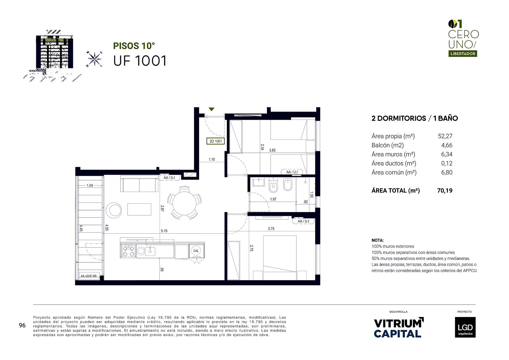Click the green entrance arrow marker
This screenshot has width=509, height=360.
click(x=212, y=109)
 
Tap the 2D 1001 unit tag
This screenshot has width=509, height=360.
click(x=215, y=141)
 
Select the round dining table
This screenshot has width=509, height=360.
click(x=184, y=203)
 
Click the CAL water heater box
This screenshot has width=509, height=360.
click(x=196, y=251)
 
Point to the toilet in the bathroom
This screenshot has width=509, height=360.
click(x=273, y=185)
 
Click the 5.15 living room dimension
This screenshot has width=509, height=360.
click(x=164, y=231)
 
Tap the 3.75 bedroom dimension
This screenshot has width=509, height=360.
click(x=271, y=229)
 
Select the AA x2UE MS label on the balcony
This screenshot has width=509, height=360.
click(x=89, y=276)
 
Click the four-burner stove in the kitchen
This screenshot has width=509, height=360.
click(x=128, y=251)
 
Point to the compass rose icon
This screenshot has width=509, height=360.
click(x=94, y=59)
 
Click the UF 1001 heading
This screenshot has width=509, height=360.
click(x=140, y=61)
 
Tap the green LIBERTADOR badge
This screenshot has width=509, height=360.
click(x=463, y=54)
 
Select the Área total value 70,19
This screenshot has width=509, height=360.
click(x=445, y=190)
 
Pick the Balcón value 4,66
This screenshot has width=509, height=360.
click(x=447, y=145)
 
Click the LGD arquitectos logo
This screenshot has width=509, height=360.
click(x=465, y=327)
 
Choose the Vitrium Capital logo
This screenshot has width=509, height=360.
click(x=399, y=328)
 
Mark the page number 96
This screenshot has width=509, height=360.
click(x=22, y=325)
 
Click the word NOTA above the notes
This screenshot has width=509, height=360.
click(x=378, y=240)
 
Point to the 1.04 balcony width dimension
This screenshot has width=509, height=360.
click(x=90, y=186)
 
